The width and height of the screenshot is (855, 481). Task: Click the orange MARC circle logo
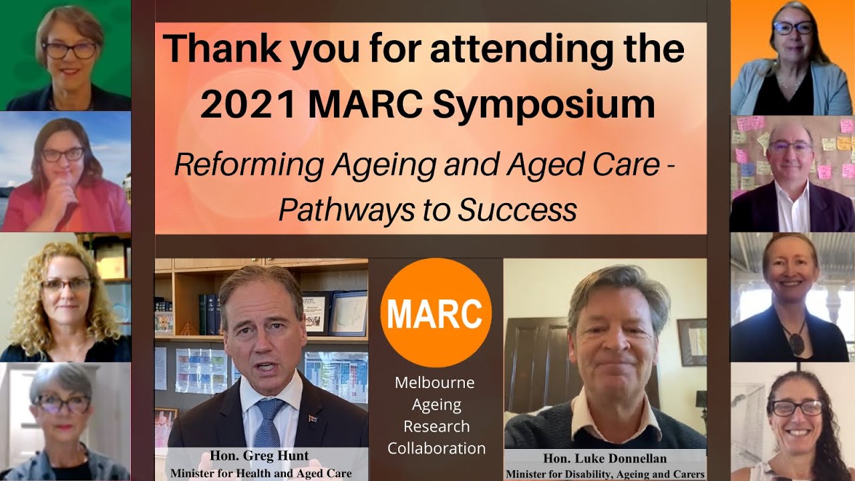pyautogui.click(x=436, y=313)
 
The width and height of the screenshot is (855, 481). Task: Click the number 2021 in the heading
pyautogui.click(x=247, y=105)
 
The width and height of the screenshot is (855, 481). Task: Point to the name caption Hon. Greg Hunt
pyautogui.click(x=260, y=456)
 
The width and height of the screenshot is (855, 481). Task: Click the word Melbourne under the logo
pyautogui.click(x=435, y=383)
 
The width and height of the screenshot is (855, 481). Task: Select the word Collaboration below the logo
pyautogui.click(x=436, y=447)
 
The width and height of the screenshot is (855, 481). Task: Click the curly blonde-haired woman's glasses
pyautogui.click(x=65, y=285)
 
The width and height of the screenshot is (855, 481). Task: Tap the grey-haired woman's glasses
pyautogui.click(x=63, y=404)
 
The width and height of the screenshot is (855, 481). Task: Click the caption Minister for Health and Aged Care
pyautogui.click(x=261, y=473)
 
